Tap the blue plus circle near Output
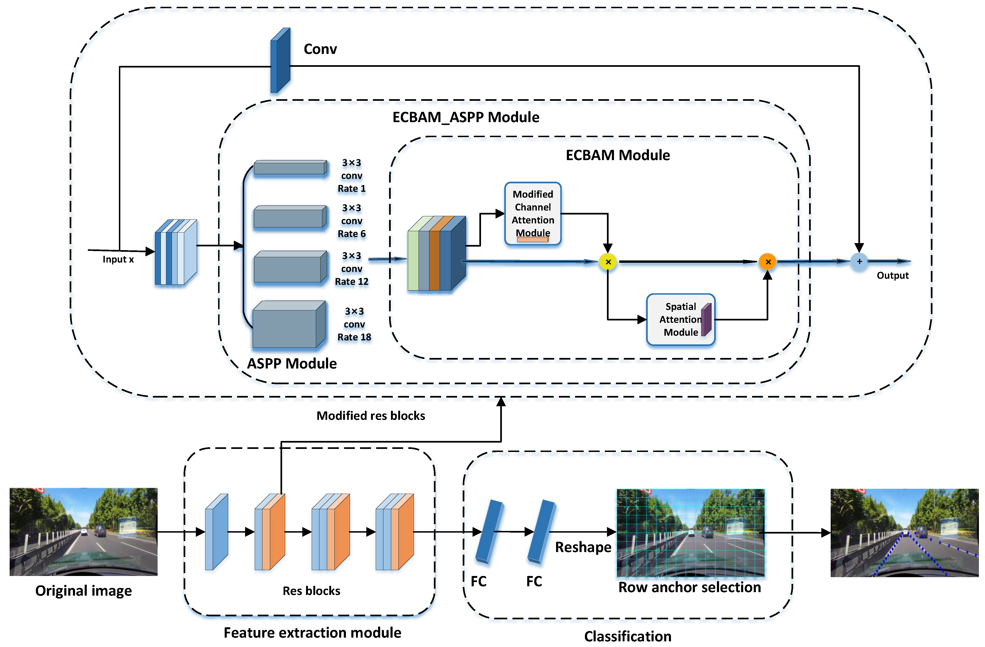pyautogui.click(x=859, y=261)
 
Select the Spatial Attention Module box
pyautogui.click(x=680, y=319)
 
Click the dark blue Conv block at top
pyautogui.click(x=280, y=61)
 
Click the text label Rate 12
pyautogui.click(x=351, y=282)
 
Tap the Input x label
pyautogui.click(x=118, y=259)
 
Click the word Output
pyautogui.click(x=893, y=275)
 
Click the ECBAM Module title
pyautogui.click(x=618, y=155)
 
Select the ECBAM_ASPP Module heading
pyautogui.click(x=466, y=117)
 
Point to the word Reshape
pyautogui.click(x=583, y=547)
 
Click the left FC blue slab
pyautogui.click(x=489, y=532)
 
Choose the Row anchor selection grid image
pyautogui.click(x=690, y=533)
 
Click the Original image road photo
pyautogui.click(x=83, y=532)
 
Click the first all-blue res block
pyautogui.click(x=216, y=532)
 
